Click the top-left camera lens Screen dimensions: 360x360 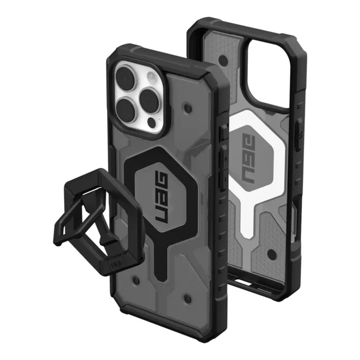(x=126, y=77)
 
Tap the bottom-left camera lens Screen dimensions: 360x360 (x=125, y=109)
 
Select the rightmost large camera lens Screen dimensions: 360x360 (x=150, y=99)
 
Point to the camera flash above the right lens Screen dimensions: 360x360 (x=151, y=76)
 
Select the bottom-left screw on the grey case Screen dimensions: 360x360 (x=135, y=280)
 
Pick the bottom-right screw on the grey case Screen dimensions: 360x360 (x=187, y=299)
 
